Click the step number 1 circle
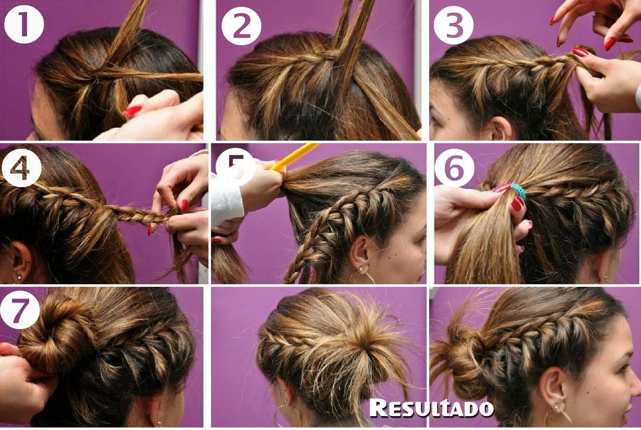24,24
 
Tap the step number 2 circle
241,26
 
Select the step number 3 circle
454,25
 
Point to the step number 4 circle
22,168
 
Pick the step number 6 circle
455,168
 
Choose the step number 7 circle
20,310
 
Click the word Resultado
432,408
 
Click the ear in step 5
361,249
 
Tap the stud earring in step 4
19,277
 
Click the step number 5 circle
236,167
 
